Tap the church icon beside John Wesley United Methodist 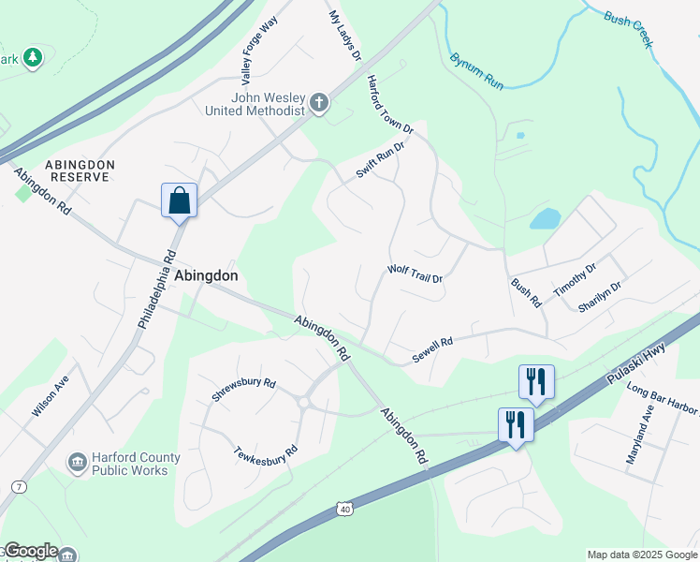319,102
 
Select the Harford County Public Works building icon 77,463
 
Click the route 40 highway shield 345,509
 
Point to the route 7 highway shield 18,487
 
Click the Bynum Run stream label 476,71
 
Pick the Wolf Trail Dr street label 415,274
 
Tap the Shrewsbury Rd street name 243,390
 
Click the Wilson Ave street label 51,396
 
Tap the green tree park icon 34,58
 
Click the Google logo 30,551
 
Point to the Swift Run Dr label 380,160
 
